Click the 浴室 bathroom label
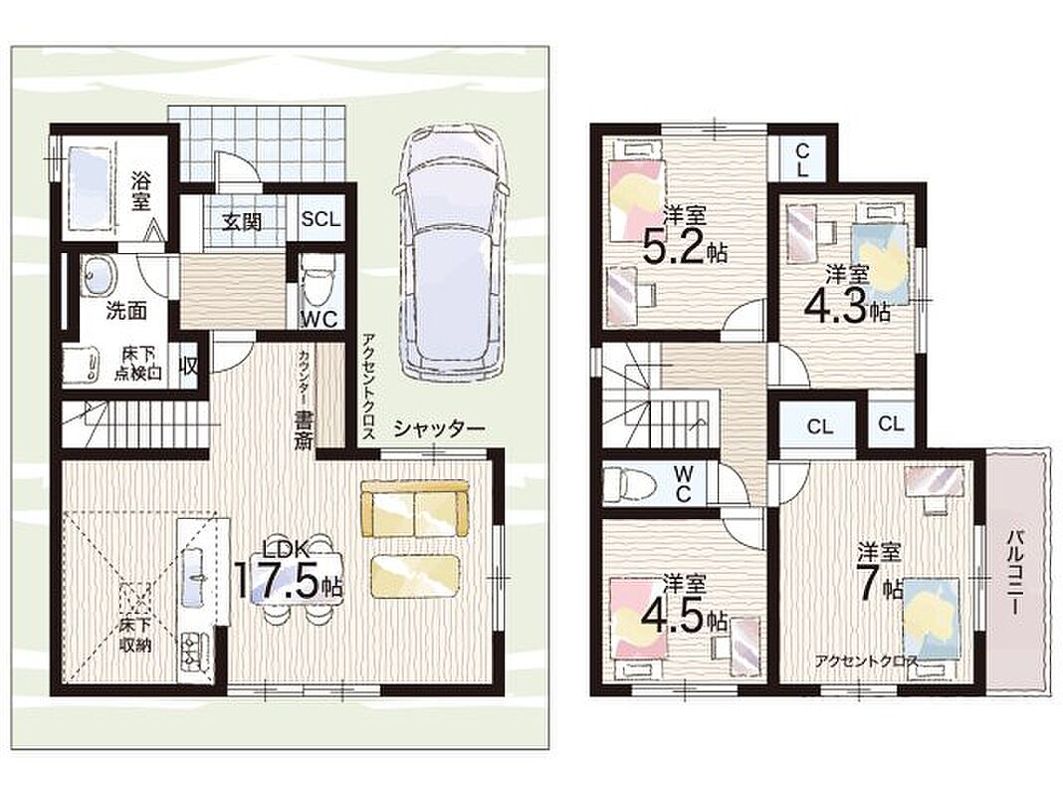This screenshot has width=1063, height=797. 141,192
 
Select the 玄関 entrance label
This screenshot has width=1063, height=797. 242,221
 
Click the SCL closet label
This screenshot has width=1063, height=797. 321,219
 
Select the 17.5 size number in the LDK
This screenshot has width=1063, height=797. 276,579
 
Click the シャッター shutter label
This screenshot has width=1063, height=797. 439,428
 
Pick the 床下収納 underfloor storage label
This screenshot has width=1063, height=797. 135,634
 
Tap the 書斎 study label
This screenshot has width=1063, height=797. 303,430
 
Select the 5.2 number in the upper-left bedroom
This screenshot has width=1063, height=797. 673,248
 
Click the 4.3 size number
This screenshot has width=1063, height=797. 836,307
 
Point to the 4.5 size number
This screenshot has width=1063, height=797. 673,616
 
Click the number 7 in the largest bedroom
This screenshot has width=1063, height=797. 869,582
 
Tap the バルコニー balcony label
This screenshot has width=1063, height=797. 1015,573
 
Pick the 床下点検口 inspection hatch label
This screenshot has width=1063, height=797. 138,364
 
